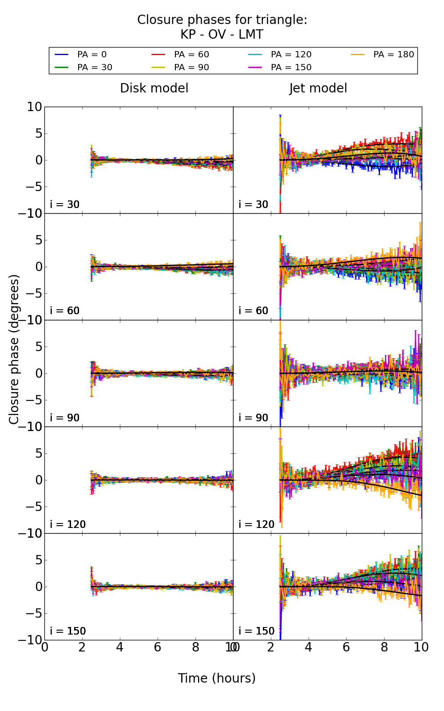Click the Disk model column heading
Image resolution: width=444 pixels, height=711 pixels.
coord(154,88)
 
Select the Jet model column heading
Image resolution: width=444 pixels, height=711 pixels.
coord(318,88)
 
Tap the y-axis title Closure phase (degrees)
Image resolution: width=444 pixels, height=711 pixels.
coord(14,349)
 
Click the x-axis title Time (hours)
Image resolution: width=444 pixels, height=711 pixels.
coord(217,678)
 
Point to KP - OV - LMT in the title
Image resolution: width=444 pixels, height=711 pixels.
coord(222,35)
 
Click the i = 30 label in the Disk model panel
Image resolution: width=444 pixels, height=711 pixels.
coord(65,205)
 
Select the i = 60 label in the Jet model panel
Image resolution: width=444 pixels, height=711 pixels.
coord(254,311)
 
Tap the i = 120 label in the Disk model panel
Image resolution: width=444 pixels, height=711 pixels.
coord(68,524)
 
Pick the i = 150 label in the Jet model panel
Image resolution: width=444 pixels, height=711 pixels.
coord(257,631)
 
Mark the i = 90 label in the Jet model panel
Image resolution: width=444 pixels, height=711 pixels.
coord(254,418)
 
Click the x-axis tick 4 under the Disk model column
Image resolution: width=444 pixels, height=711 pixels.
coord(120,647)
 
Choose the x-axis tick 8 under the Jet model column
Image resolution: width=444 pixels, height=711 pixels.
coord(384,647)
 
